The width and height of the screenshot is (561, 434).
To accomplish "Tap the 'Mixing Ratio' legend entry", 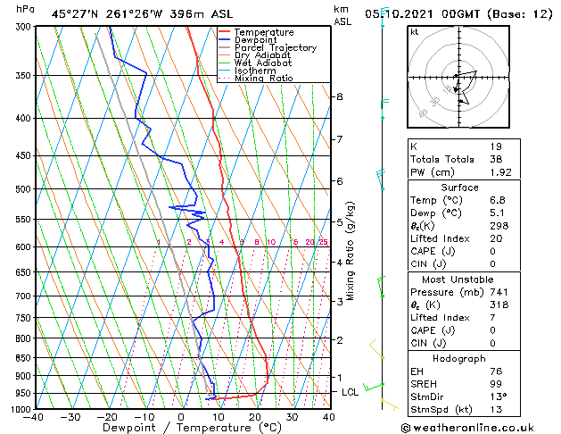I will (x=263, y=79).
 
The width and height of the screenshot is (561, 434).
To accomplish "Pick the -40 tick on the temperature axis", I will (x=34, y=416).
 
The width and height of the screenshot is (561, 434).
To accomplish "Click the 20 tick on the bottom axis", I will (x=255, y=416).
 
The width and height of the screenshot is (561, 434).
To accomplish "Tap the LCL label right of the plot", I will (x=351, y=392).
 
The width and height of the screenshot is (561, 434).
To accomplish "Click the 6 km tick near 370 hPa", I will (x=340, y=96).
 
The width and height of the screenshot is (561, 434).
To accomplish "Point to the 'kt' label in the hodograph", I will (x=415, y=32).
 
